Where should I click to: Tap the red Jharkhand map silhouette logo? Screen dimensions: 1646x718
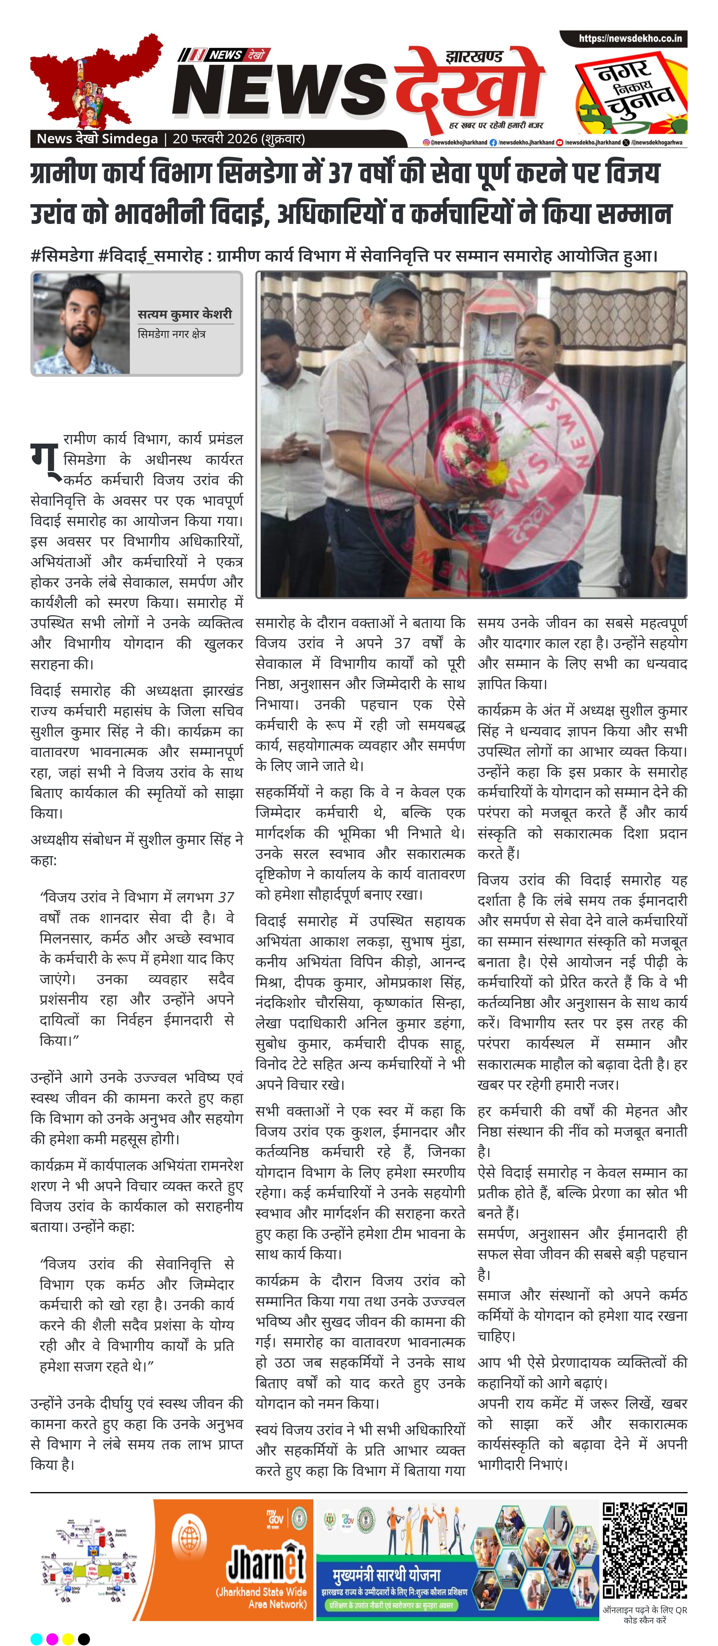click(96, 80)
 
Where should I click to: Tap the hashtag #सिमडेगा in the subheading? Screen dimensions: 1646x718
click(61, 256)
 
